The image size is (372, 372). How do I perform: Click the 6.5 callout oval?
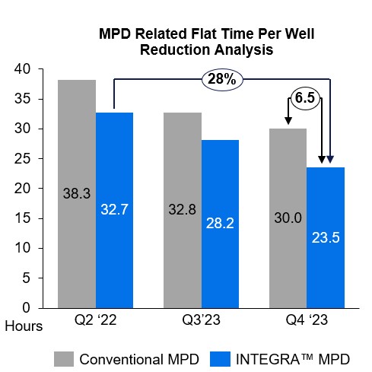tap(305, 97)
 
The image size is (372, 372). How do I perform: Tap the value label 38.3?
tap(78, 193)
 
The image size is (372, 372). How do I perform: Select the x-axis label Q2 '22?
tap(96, 321)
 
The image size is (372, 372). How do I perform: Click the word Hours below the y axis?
tap(24, 325)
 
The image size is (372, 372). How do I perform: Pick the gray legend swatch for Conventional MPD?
tap(63, 358)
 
